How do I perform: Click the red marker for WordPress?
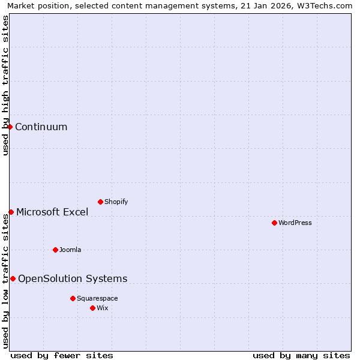tap(274, 223)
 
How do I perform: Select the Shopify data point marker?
tap(100, 202)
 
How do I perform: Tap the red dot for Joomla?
tap(55, 250)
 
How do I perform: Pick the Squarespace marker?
tap(73, 298)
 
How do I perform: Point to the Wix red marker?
tap(92, 308)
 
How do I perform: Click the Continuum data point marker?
tap(10, 127)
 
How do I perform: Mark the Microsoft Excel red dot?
tap(11, 212)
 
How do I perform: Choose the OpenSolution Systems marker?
tap(13, 278)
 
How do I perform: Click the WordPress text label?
tap(295, 223)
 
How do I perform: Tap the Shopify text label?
tap(116, 202)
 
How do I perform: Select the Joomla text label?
tap(70, 250)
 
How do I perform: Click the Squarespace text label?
tap(97, 298)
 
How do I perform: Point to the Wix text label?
tap(103, 308)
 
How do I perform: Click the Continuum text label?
tap(41, 127)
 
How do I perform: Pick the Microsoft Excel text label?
tap(52, 212)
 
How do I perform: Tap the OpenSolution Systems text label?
tap(73, 278)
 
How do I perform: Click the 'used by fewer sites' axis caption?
tap(62, 355)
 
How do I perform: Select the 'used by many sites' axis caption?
tap(301, 355)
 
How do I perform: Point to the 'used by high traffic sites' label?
tap(5, 85)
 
